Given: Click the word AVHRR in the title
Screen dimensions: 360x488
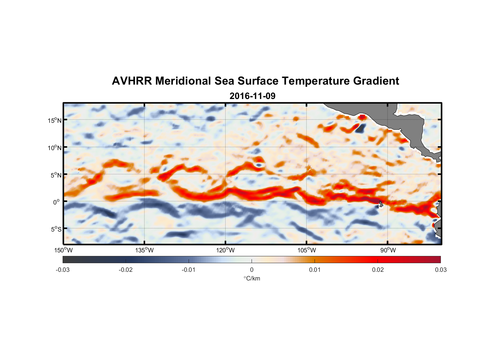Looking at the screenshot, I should (132, 81).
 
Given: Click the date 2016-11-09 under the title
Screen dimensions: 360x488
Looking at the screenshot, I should (252, 96).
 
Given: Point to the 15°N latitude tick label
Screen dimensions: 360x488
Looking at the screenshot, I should (55, 120).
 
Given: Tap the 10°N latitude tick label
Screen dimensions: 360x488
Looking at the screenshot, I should (55, 148).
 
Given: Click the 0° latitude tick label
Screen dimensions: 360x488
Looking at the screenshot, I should (57, 202).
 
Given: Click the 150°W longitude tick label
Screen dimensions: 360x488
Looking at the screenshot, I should (63, 250).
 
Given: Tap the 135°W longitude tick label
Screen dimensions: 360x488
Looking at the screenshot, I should (145, 250).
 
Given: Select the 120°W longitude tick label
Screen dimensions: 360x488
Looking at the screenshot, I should (226, 250).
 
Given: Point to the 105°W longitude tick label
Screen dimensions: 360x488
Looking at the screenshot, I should (307, 250).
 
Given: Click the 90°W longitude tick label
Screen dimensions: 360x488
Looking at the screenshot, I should (388, 250).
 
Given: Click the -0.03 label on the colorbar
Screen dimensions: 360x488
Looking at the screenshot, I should (63, 270).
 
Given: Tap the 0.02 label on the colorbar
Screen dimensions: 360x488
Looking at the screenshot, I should (378, 270).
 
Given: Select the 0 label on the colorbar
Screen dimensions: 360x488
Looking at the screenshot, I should (252, 270).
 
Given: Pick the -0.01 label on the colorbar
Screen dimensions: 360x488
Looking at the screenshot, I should (189, 270).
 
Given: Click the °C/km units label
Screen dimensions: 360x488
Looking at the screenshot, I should (252, 278).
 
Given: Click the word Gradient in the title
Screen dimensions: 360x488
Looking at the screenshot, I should (376, 81).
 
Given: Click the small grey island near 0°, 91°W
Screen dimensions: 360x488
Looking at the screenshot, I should (381, 204).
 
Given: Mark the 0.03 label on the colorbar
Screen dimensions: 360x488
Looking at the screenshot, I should (440, 270).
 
